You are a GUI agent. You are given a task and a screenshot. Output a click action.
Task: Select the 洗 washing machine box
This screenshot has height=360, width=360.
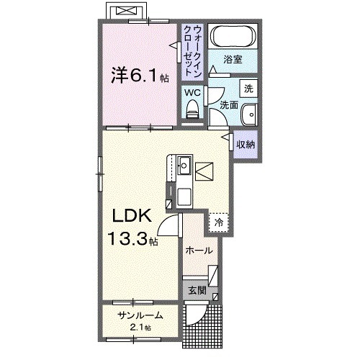248,89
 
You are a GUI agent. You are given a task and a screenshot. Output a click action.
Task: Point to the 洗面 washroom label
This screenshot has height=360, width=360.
229,104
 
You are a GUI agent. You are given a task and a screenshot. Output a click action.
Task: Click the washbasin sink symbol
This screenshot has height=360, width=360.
251,114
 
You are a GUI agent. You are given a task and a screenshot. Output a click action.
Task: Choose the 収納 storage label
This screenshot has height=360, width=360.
246,145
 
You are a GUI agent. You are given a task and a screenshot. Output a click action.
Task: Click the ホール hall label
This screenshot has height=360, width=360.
199,251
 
